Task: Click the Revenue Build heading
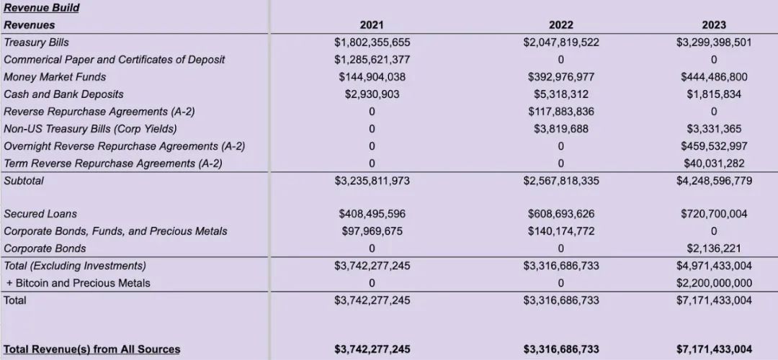[41, 8]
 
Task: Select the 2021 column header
[372, 25]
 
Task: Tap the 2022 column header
[560, 25]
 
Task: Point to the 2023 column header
[713, 25]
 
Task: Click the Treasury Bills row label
[37, 42]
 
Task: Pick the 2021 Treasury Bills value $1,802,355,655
[372, 42]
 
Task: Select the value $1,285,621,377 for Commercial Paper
[372, 60]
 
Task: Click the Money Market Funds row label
[55, 77]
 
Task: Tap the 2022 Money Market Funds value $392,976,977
[560, 77]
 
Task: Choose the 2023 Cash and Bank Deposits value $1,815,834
[713, 94]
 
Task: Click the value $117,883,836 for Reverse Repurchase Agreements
[560, 112]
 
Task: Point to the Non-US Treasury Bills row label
[90, 129]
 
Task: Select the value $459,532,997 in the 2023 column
[713, 146]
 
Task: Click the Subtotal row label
[24, 181]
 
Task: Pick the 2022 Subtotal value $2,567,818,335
[560, 181]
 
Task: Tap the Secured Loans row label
[40, 214]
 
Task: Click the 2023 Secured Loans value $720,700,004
[713, 214]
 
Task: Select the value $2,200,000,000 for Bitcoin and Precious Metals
[713, 283]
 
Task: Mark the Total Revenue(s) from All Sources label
[92, 349]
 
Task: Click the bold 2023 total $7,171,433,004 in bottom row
[713, 349]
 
